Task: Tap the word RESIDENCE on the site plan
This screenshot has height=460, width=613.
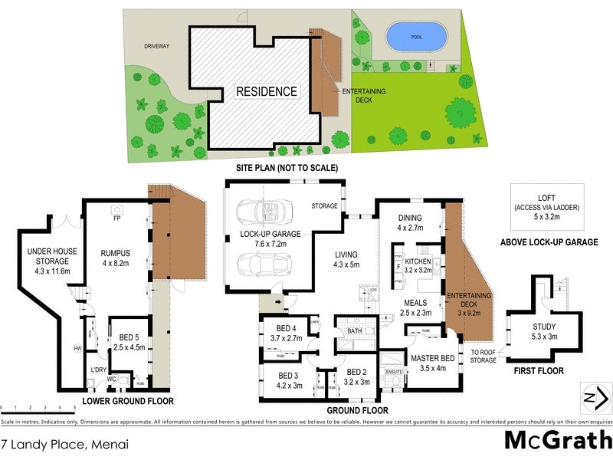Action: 266,91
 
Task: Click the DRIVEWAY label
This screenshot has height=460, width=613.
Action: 156,46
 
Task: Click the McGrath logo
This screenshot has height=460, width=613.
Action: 557,440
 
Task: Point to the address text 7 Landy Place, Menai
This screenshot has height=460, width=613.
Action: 64,443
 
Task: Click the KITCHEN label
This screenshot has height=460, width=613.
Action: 418,262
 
